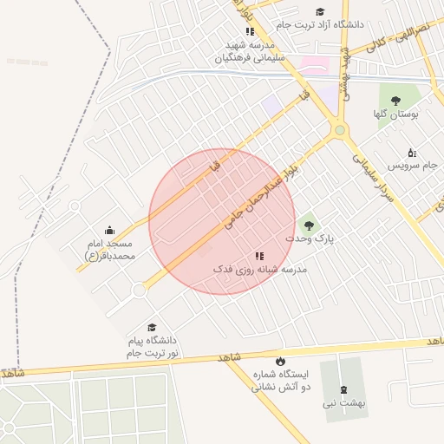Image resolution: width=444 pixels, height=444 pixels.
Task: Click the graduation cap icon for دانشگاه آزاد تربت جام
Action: coord(320,12)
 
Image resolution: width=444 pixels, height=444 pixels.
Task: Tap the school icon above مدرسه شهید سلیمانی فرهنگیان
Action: coord(250,31)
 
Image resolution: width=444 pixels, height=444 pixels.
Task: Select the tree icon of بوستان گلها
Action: coord(395,101)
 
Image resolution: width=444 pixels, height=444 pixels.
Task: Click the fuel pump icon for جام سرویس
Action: coord(411,152)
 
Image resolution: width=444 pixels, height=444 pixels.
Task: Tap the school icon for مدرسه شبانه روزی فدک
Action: coord(258,257)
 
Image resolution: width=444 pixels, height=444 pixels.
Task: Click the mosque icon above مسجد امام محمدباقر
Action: coord(109,231)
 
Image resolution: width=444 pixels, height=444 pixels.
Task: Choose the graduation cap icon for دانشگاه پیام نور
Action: coord(153,328)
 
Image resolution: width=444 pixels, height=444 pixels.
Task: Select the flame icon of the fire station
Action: coord(280,361)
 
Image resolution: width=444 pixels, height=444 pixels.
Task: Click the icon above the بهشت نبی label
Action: coord(342,389)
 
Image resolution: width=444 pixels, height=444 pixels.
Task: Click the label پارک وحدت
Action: coord(310,237)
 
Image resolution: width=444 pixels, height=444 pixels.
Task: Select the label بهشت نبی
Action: coord(343,402)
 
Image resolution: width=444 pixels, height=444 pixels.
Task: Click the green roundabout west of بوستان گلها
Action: coord(340,131)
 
